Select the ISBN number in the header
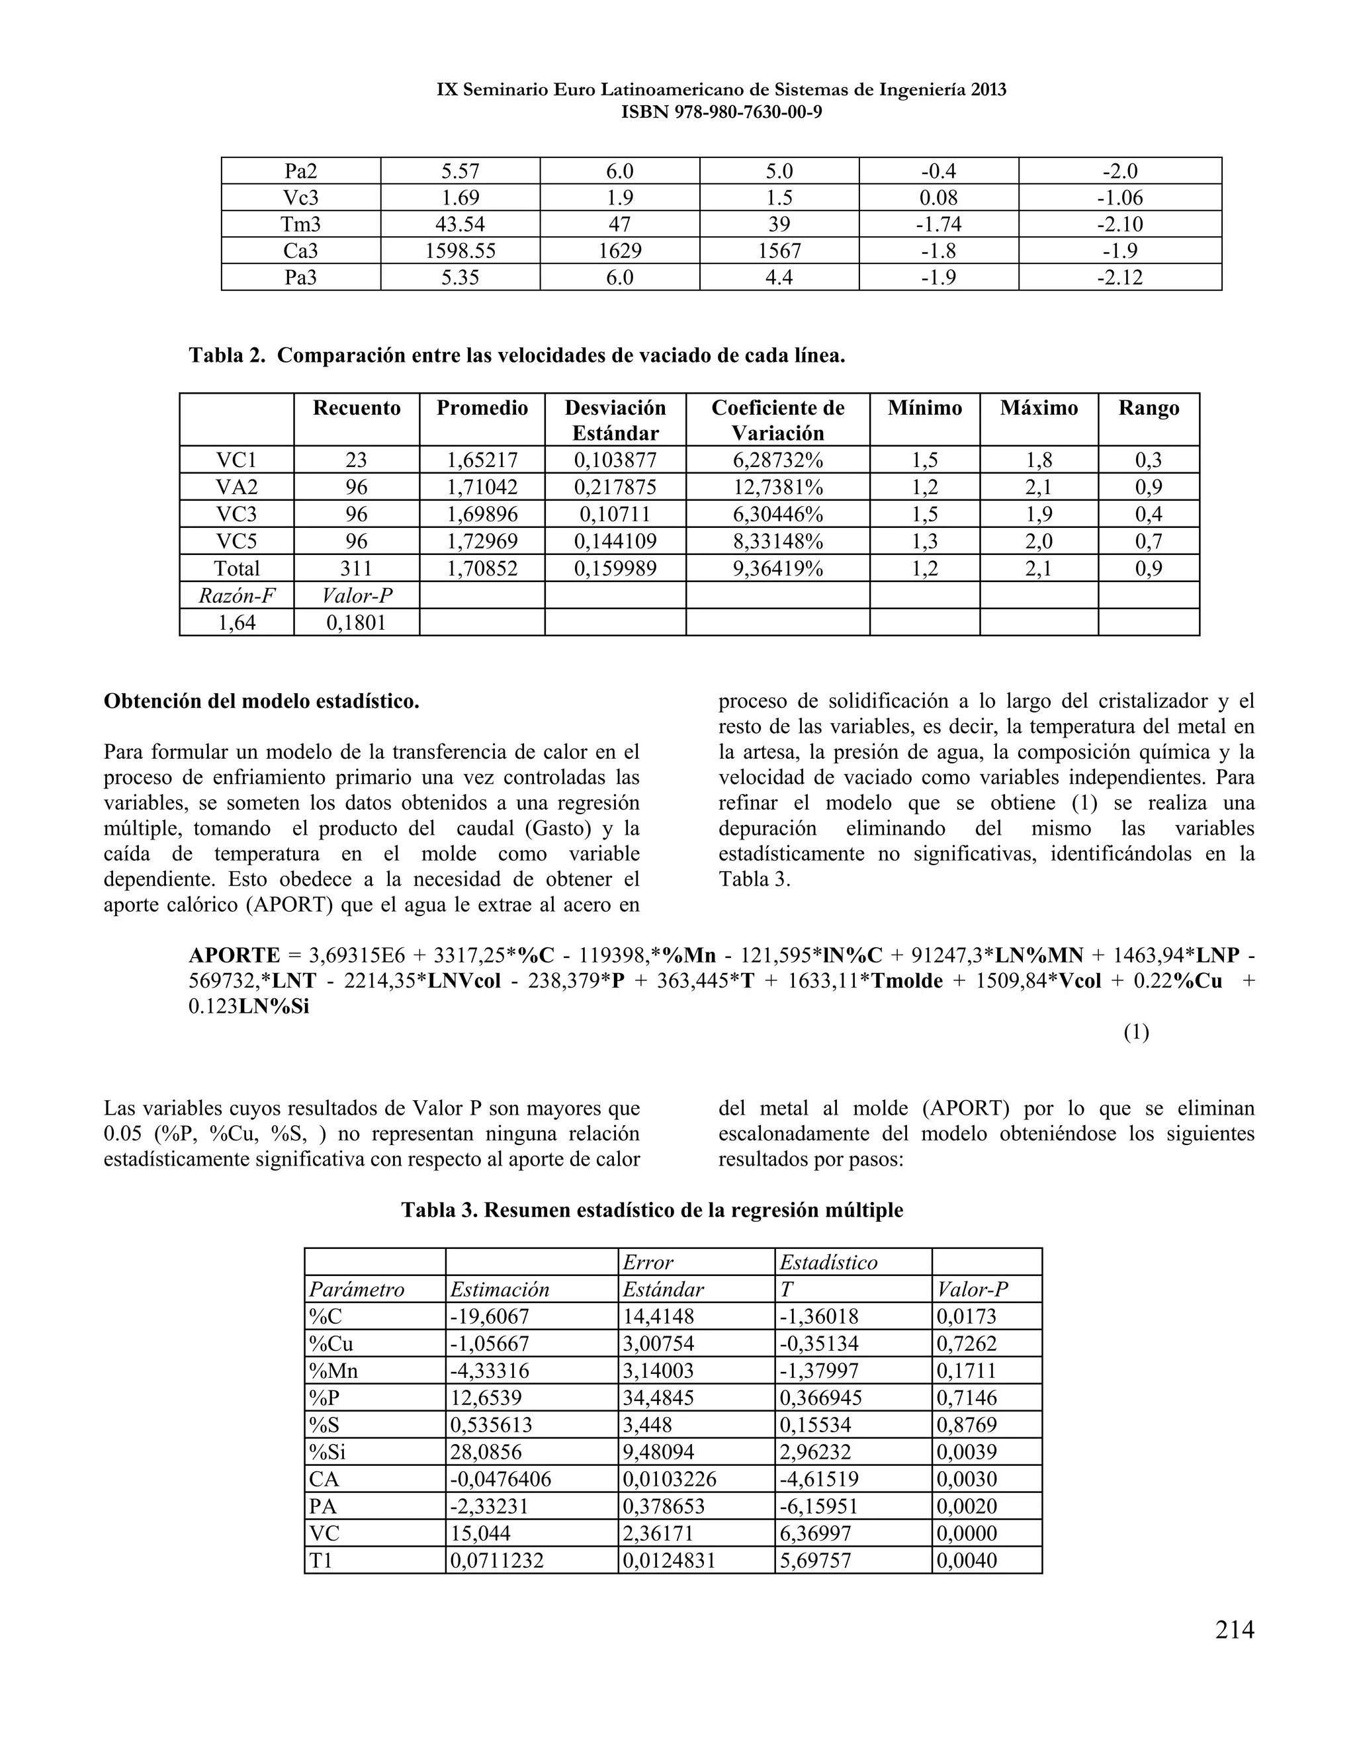pos(721,112)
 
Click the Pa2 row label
pos(301,171)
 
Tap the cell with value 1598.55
pos(460,251)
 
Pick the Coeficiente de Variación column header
pos(778,420)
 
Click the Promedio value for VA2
pos(482,488)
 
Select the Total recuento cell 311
pos(357,568)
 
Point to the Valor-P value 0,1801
pos(357,622)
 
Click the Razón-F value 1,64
pos(237,622)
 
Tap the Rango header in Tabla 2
pos(1149,407)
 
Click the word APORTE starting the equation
pos(234,955)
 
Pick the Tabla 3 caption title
pos(652,1211)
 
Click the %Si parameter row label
pos(324,1451)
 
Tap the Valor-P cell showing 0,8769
pos(967,1425)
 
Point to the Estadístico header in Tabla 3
pos(828,1263)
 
